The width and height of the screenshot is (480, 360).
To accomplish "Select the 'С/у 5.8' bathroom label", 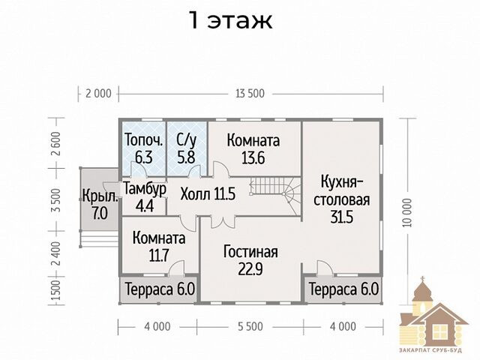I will click(186, 147).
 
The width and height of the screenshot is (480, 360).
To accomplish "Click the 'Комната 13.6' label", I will click(253, 147).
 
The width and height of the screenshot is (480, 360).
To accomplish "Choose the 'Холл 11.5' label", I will click(208, 193).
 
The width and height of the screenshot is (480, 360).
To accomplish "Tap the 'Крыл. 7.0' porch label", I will click(100, 205).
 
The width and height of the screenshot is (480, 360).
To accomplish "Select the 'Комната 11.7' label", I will click(158, 247).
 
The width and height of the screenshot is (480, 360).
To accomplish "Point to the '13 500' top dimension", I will click(250, 93).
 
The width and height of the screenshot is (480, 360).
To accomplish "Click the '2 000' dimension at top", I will click(97, 93).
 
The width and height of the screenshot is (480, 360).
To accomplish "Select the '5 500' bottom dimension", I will click(250, 326).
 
